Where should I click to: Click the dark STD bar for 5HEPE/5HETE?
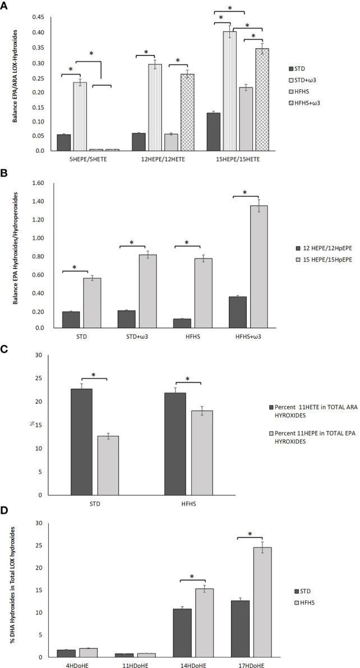click(64, 142)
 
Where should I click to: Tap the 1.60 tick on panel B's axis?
click(41, 183)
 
